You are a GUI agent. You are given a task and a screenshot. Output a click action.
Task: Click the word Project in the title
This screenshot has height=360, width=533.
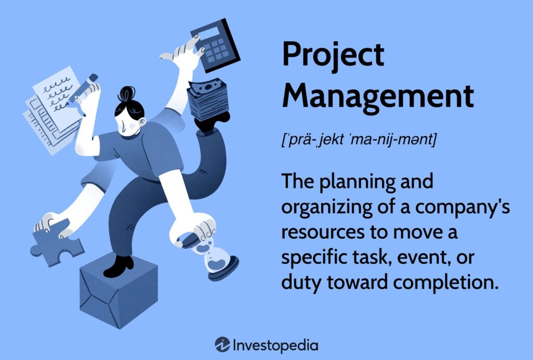coord(333,56)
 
